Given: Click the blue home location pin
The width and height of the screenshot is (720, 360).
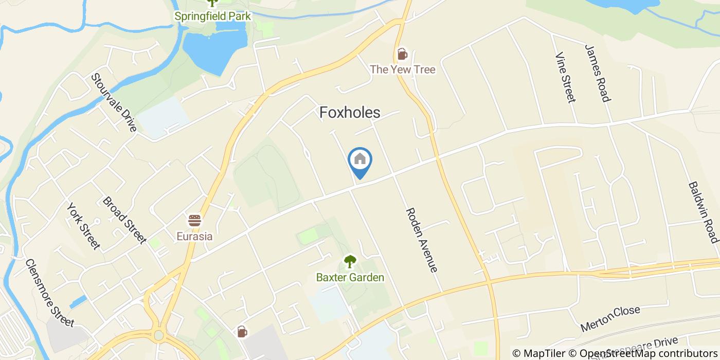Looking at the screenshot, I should (360, 160).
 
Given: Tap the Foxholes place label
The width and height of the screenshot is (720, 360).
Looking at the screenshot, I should (350, 113).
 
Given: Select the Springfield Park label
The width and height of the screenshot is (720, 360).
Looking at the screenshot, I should (212, 16).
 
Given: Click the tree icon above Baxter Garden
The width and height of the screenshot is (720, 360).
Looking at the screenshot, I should (350, 262).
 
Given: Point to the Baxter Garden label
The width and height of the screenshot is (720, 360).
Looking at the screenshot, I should (350, 278).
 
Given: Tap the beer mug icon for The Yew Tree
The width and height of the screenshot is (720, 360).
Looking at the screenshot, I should (402, 53).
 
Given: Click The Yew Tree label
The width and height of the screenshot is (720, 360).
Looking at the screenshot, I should (403, 69).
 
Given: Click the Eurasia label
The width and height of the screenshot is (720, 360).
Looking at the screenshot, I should (194, 237).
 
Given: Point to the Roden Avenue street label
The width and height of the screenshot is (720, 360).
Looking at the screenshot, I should (422, 240).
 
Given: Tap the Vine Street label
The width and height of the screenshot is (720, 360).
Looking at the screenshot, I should (564, 77).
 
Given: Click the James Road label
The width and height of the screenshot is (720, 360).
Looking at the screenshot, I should (597, 73).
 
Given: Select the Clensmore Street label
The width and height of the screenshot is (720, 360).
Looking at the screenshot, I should (49, 292).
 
